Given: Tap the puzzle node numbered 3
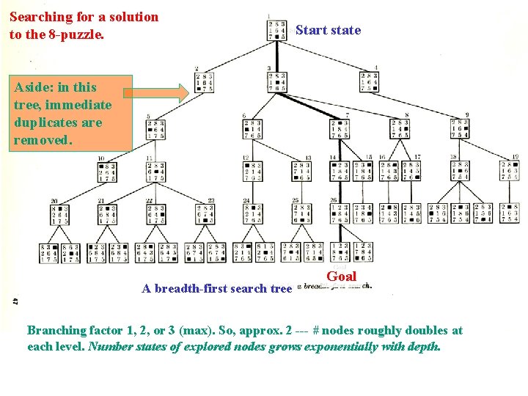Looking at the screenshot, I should point(277,81).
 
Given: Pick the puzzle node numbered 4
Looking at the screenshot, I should point(370,81).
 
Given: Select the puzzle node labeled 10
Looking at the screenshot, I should point(107,172).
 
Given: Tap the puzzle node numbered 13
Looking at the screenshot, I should point(301,172).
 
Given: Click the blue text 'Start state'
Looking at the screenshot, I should point(328,30).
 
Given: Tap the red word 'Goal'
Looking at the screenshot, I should point(341,276).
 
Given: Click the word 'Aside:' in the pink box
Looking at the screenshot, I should point(33,87).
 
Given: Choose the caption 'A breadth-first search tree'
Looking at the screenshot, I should point(216,288).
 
